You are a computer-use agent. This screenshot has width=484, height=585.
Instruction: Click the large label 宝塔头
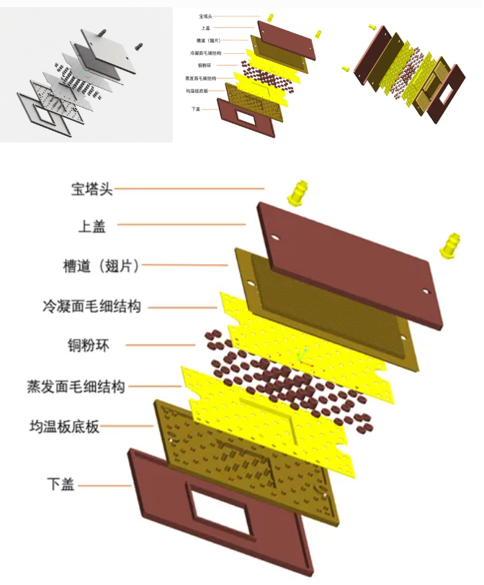click(x=91, y=189)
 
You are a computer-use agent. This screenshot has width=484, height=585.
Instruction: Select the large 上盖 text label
click(x=91, y=226)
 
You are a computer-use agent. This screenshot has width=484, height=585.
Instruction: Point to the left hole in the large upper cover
click(x=274, y=235)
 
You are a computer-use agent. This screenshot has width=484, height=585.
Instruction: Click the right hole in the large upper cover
click(x=426, y=291)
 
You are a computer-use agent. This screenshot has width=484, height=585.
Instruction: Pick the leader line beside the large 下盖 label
click(x=104, y=485)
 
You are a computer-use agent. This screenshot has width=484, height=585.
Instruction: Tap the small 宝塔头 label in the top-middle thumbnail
click(x=205, y=15)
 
